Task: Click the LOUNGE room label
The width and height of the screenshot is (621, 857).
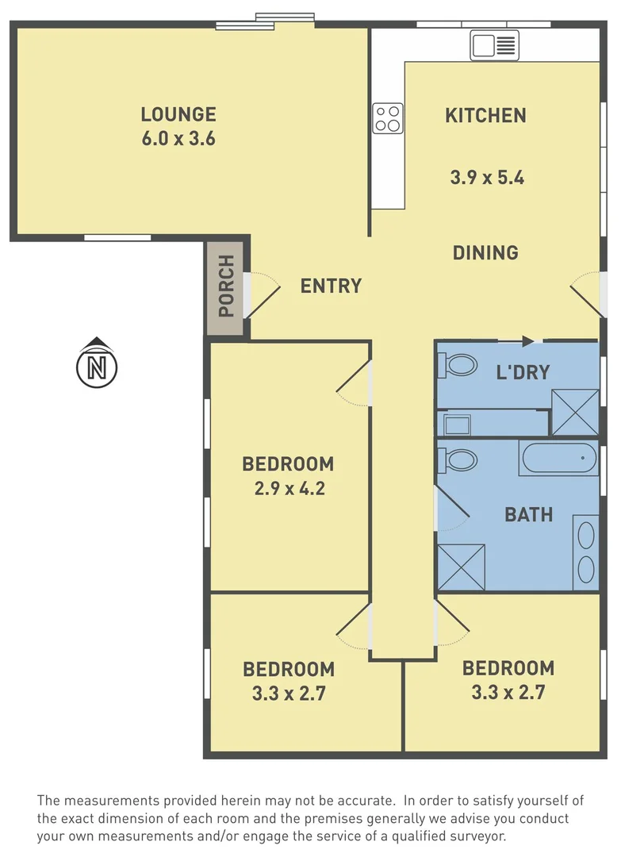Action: [178, 114]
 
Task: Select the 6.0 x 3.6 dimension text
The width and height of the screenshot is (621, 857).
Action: [178, 139]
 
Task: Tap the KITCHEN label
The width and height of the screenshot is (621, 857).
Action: [485, 116]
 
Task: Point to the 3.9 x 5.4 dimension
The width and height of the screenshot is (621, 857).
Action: [486, 178]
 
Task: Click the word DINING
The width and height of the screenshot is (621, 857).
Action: [485, 253]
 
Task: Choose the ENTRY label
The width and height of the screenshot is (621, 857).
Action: [331, 286]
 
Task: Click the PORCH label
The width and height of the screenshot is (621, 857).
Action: [226, 286]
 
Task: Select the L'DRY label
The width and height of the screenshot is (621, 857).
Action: [522, 371]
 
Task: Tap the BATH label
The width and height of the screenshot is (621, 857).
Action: [528, 515]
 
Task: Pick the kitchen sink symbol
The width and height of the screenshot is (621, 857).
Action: [494, 45]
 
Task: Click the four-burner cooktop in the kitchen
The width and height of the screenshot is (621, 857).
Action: [388, 118]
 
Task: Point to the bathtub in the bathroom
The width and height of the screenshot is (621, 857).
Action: [559, 458]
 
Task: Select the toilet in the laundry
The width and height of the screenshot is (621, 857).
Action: [457, 365]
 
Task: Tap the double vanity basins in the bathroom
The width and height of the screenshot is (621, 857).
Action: [585, 552]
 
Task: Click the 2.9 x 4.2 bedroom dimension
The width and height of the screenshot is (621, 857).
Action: [289, 489]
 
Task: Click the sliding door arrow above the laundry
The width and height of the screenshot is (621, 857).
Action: [527, 341]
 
